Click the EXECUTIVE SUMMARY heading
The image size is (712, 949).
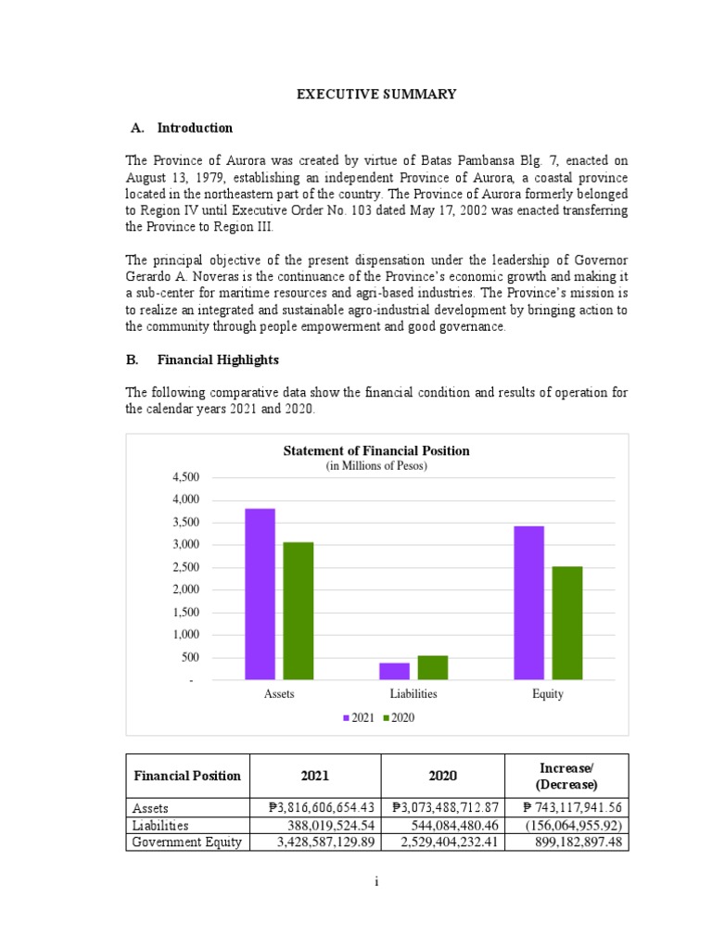coord(375,94)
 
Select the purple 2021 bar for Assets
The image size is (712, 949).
coord(260,594)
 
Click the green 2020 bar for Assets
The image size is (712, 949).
coord(299,611)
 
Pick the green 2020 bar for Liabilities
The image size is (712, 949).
coord(432,667)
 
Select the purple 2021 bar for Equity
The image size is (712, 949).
coord(528,602)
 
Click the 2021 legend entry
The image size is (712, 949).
coord(359,717)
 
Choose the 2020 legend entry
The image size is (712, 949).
coord(399,717)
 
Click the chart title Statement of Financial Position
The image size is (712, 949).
coord(375,451)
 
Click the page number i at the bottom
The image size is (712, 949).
coord(376,882)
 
